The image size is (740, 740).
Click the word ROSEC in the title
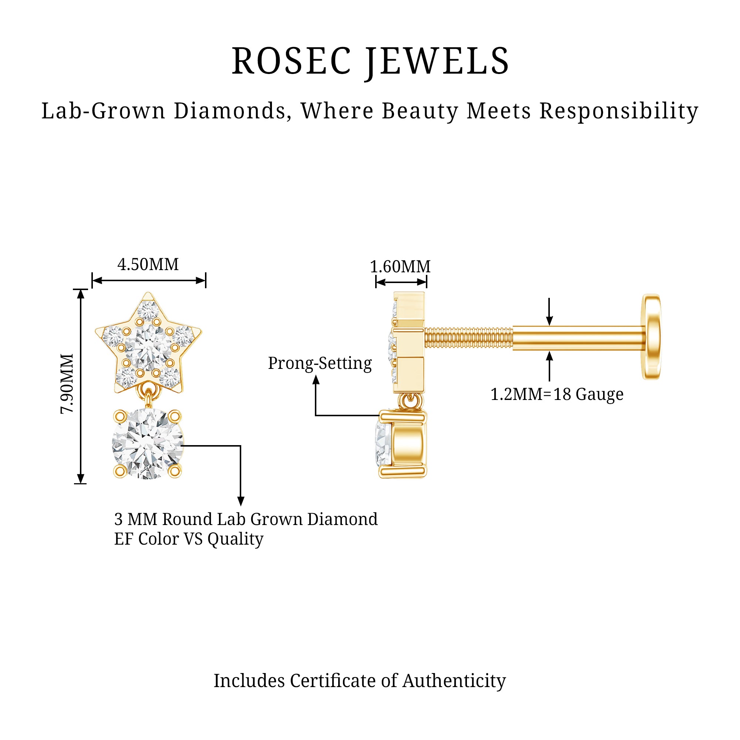coord(292,61)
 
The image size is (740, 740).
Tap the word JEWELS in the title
coord(437,63)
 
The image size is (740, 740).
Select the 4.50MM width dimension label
coord(148,265)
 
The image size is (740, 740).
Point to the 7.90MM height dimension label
coord(67,383)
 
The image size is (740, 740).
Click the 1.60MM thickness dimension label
coord(400,266)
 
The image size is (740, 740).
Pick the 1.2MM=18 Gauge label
coord(557,394)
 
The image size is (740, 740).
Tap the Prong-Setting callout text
coord(320,363)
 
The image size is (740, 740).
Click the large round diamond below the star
coord(148,444)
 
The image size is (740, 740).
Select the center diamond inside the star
coord(148,348)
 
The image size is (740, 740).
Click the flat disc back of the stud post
coord(651,337)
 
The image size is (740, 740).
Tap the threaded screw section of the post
coord(468,338)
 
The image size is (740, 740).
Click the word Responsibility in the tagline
coord(619,111)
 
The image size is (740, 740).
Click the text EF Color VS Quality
coord(189,539)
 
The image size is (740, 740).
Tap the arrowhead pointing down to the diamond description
coord(241,501)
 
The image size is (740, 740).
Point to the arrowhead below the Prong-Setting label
coord(316,380)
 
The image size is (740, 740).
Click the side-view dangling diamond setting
coord(402,444)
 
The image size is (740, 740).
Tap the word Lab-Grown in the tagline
coord(104,111)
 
